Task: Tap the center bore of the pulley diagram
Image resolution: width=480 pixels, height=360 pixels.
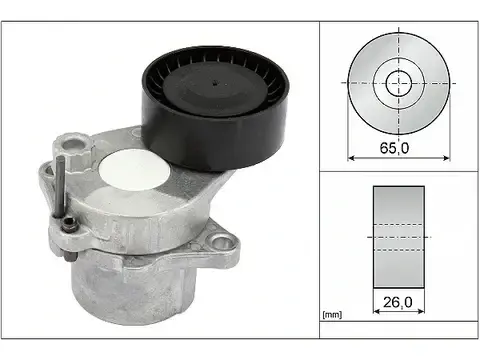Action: point(398,83)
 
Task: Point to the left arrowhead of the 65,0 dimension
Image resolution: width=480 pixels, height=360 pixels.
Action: point(350,157)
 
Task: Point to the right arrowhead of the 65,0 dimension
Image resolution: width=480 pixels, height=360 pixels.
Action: point(446,157)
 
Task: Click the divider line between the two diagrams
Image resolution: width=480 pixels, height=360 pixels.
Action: point(398,171)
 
